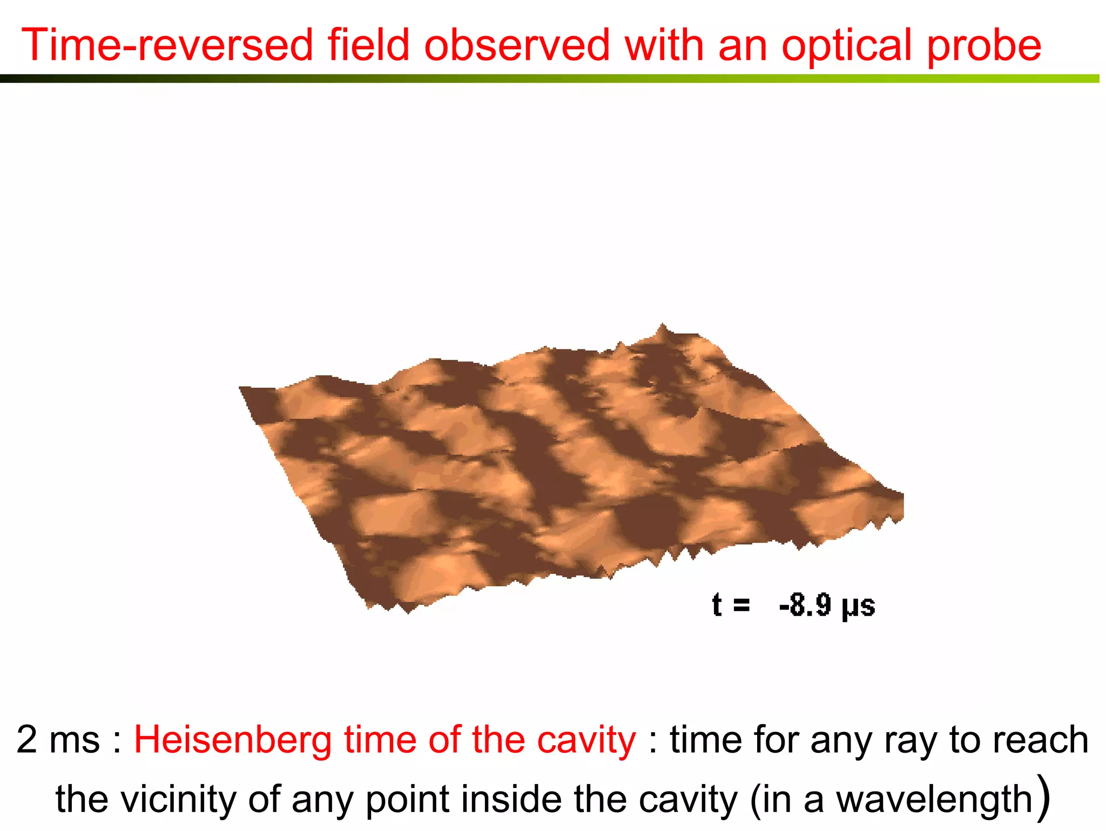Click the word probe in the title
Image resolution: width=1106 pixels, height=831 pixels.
click(x=984, y=46)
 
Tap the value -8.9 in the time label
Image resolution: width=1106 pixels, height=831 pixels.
click(x=805, y=605)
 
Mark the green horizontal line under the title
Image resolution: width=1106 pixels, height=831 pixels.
click(x=551, y=79)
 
